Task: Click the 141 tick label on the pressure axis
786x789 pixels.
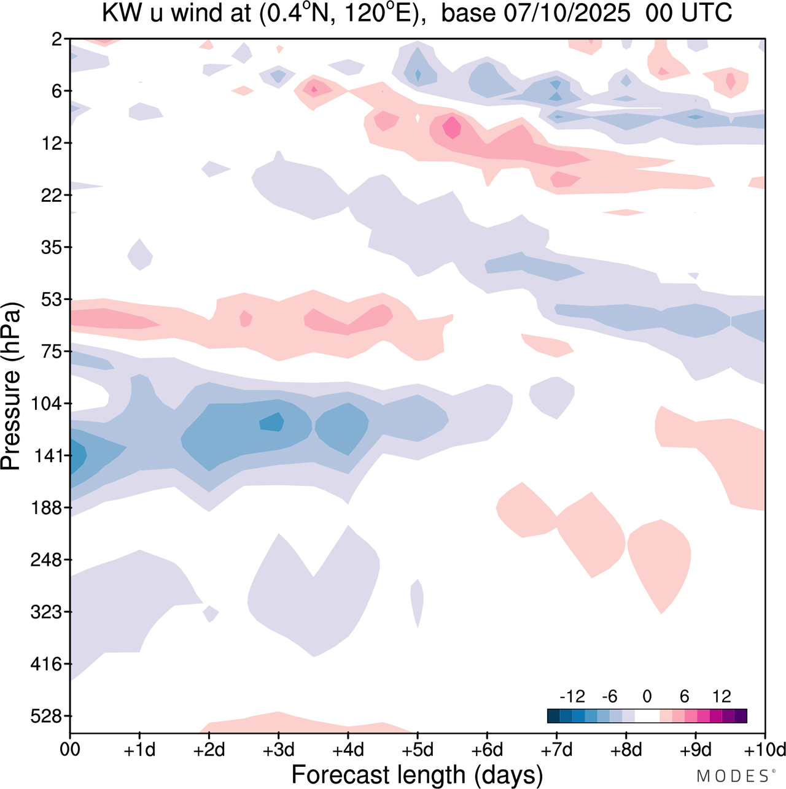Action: pos(51,456)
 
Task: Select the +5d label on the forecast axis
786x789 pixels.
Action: pos(418,750)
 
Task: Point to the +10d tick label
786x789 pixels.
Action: pos(765,750)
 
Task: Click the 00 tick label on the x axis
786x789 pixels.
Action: pos(70,750)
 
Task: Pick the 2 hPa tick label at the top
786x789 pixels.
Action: pos(57,39)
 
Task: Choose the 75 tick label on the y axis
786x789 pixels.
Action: pos(55,352)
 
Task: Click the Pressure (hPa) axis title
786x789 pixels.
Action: pos(11,387)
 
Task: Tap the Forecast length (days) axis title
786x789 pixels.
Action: pos(417,775)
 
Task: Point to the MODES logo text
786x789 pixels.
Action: pos(733,776)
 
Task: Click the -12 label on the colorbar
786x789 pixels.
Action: pos(572,696)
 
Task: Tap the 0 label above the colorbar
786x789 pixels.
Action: pos(647,696)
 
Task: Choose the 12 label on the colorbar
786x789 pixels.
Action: pos(722,696)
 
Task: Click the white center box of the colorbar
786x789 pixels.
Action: pos(647,716)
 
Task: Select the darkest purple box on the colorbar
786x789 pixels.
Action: pos(741,716)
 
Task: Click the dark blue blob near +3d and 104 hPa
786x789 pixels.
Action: pos(272,422)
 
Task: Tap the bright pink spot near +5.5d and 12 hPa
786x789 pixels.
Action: pos(453,128)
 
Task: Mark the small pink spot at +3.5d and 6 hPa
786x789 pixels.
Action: pos(314,90)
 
